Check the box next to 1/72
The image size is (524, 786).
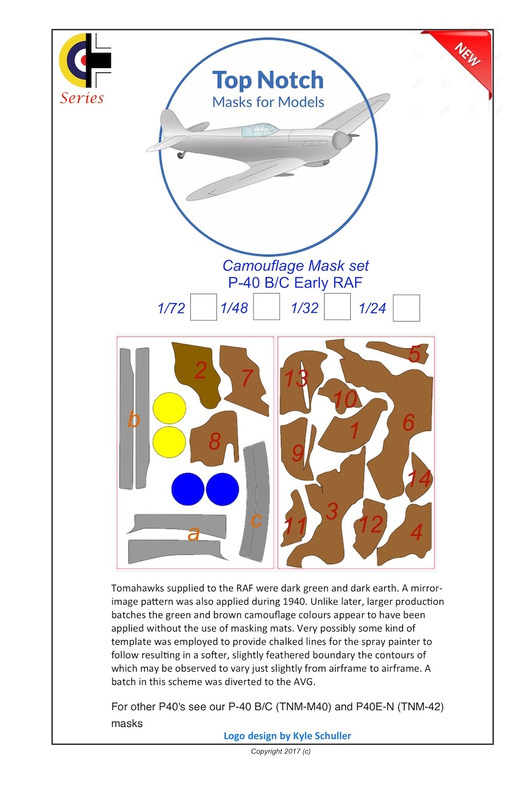[x=203, y=307]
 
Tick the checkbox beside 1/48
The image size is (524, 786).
[x=266, y=307]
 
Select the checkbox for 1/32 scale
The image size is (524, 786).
[x=337, y=307]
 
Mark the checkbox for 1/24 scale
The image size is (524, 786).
[x=406, y=308]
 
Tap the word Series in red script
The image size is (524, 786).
[x=81, y=98]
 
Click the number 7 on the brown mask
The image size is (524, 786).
[x=247, y=378]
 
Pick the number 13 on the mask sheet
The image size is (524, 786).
[x=296, y=378]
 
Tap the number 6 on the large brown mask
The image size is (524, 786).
[x=408, y=422]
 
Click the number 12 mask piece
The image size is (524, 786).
[x=370, y=524]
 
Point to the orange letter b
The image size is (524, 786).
[x=134, y=419]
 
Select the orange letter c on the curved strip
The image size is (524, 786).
[x=256, y=521]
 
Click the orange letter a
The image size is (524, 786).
[x=193, y=534]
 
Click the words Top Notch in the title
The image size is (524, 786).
[x=267, y=80]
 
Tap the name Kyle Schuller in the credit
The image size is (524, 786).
[x=321, y=736]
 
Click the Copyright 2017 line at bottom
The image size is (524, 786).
[x=281, y=751]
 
